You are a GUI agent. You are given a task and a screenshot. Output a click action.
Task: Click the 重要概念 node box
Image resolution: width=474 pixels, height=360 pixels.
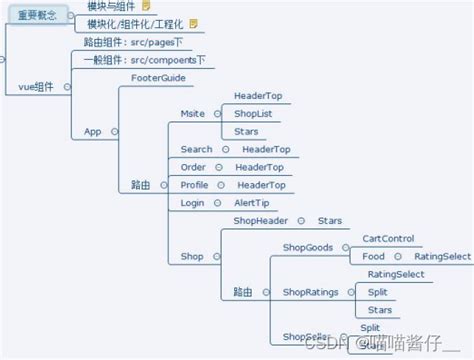[37, 15]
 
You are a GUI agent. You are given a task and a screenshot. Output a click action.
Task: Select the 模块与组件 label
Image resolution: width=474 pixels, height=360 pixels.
[111, 6]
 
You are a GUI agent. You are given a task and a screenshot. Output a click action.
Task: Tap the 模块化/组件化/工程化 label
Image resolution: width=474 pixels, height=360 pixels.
[135, 23]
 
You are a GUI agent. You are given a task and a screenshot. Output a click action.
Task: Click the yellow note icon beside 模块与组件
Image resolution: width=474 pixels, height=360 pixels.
[146, 6]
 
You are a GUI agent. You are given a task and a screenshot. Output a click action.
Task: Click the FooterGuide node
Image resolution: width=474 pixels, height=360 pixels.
[159, 77]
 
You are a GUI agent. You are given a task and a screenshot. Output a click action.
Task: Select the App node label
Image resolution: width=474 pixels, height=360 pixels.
[93, 131]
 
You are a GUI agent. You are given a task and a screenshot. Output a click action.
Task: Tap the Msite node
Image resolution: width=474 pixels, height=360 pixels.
[192, 113]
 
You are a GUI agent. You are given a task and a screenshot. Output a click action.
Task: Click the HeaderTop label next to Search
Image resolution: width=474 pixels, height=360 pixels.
[265, 149]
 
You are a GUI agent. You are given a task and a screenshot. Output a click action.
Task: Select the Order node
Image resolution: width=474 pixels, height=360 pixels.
[193, 167]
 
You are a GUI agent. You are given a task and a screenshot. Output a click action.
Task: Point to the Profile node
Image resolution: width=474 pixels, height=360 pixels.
[194, 185]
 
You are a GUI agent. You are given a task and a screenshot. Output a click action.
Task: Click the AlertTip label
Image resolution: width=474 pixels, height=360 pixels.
[252, 203]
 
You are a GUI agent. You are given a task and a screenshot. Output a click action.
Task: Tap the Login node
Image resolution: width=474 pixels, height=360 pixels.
[192, 203]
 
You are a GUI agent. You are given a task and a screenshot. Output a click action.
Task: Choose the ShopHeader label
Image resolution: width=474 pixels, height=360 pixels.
[260, 220]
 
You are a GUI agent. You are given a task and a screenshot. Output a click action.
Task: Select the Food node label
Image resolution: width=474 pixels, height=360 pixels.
[373, 257]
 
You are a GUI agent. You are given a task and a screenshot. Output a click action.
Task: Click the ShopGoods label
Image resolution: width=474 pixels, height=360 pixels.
[308, 247]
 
